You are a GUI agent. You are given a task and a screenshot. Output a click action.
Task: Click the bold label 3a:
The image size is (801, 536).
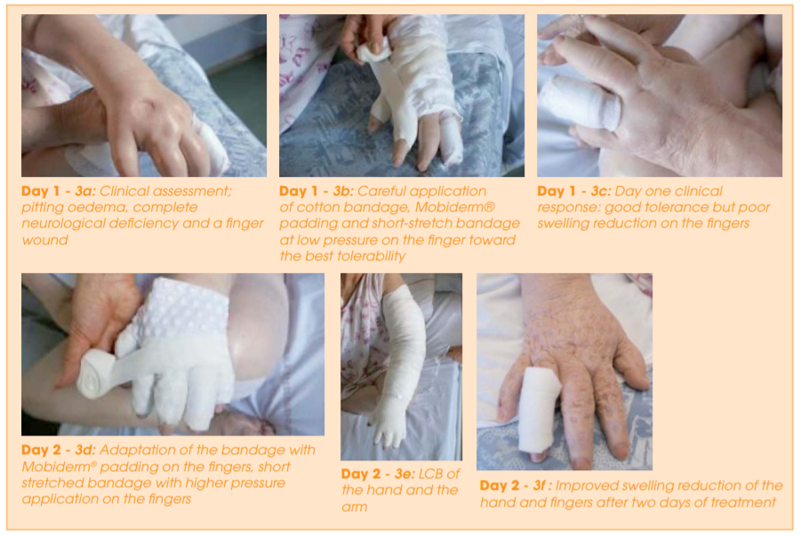pyautogui.click(x=85, y=191)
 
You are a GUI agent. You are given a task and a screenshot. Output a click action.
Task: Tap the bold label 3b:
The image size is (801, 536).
pyautogui.click(x=343, y=191)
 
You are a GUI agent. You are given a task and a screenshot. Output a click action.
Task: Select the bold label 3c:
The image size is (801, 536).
pyautogui.click(x=601, y=191)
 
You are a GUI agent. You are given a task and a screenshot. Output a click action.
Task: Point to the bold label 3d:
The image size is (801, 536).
pyautogui.click(x=85, y=450)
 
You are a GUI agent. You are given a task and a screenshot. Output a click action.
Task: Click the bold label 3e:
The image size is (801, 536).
pyautogui.click(x=405, y=474)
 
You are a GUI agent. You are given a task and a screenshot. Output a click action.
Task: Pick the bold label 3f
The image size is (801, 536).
pyautogui.click(x=540, y=485)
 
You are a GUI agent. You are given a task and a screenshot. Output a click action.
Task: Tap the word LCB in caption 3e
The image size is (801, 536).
pyautogui.click(x=432, y=474)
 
